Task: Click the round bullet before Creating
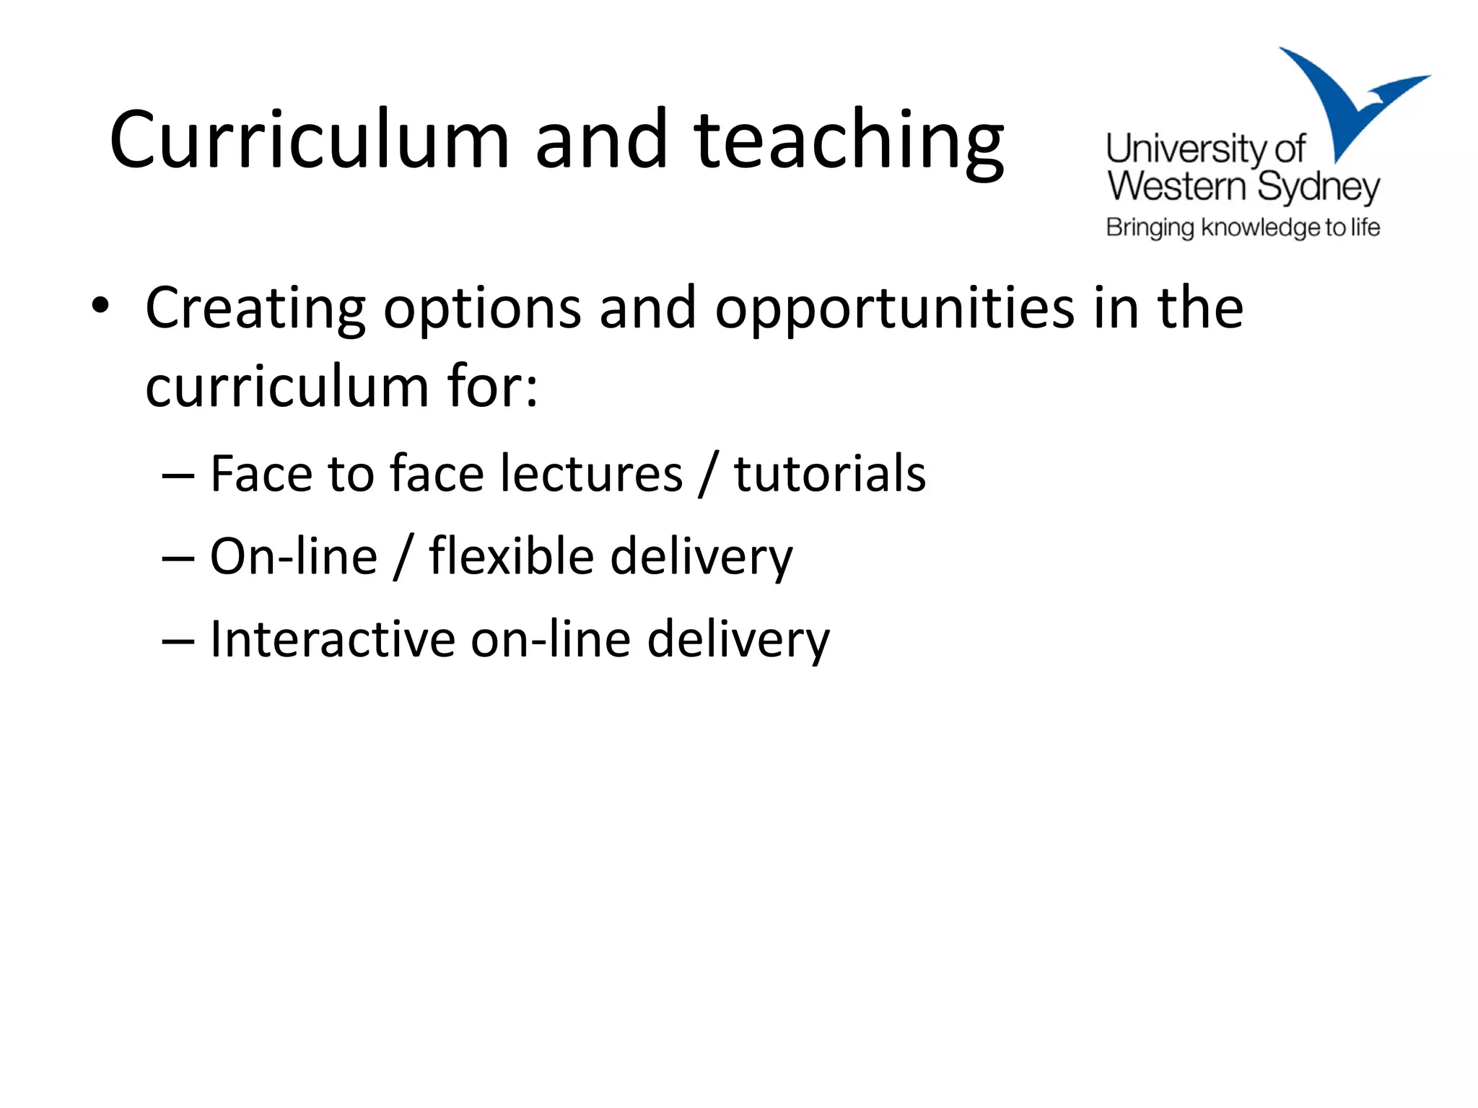(100, 306)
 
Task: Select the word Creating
(255, 309)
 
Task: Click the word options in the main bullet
(482, 309)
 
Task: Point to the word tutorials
(830, 474)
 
